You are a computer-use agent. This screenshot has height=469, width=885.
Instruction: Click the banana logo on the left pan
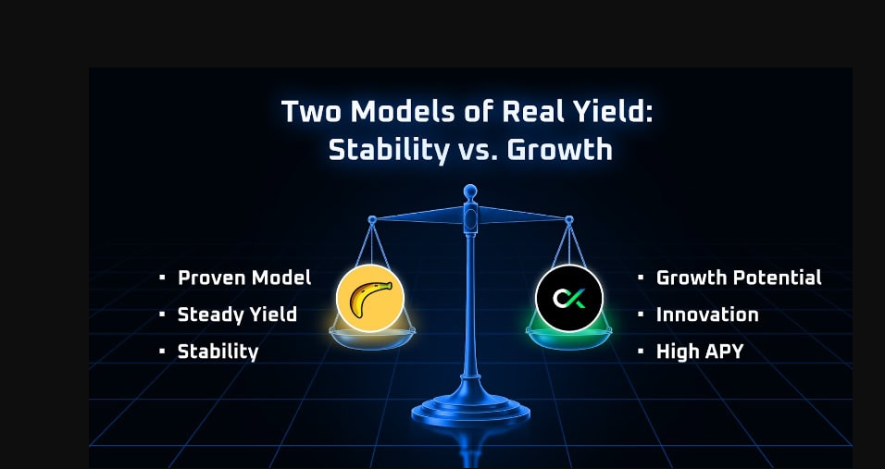[369, 298]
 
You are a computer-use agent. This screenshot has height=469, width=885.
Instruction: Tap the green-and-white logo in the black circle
[568, 298]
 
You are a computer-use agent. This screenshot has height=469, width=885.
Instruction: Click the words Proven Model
[244, 278]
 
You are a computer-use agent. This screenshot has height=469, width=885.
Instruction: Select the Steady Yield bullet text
[237, 315]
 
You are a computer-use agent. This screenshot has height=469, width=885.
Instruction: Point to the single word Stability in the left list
[218, 352]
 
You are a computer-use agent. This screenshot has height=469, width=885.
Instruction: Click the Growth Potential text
[738, 278]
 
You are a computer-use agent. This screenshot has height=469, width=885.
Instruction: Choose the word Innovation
[706, 315]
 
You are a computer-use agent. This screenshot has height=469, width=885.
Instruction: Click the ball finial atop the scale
[469, 192]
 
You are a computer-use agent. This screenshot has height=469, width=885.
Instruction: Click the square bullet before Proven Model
[161, 278]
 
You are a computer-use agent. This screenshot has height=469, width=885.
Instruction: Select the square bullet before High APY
[640, 352]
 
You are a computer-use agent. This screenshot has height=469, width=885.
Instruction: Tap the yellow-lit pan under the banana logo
[369, 339]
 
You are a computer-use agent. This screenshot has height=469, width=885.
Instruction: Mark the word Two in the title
[310, 112]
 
